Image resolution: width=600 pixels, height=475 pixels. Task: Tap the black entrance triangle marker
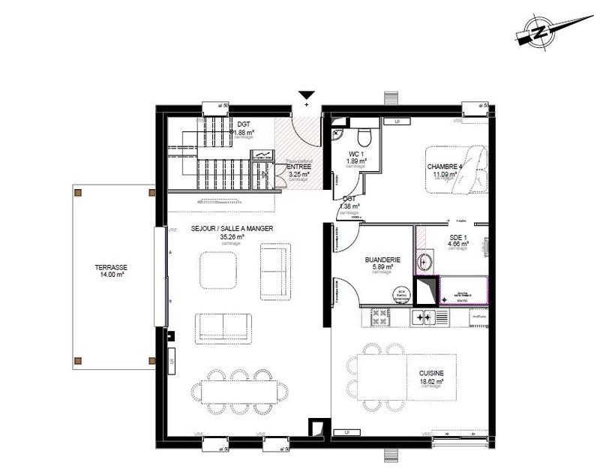tap(306, 95)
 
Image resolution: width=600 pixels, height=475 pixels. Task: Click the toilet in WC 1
tap(364, 137)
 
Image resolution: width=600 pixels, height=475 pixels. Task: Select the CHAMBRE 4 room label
tap(445, 167)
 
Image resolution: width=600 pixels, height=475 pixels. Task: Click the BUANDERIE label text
tap(382, 260)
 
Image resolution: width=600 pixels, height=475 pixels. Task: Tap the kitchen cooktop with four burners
tap(422, 318)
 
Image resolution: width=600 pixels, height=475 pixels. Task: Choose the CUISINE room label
tap(431, 373)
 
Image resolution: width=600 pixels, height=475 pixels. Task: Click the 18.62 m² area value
tap(431, 381)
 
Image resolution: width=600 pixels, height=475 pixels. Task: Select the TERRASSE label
tap(111, 267)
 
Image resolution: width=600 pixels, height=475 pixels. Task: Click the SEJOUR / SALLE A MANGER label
tap(232, 228)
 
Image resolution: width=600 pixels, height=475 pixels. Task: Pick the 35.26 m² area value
tap(232, 236)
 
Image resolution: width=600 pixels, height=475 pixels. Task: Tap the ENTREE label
tap(298, 167)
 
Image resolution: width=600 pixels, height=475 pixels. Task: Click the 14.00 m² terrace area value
tap(111, 275)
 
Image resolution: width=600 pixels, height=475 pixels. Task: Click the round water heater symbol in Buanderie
tap(402, 296)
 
